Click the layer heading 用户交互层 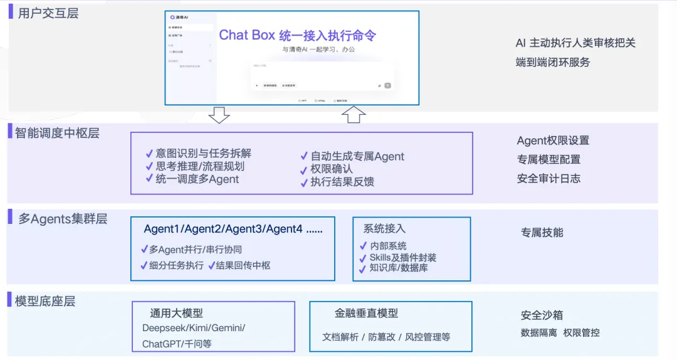(48, 13)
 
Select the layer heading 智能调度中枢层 (57, 132)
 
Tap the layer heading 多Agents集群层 (63, 219)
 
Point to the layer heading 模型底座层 (45, 301)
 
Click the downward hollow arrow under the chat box (219, 115)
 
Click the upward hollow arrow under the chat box (354, 114)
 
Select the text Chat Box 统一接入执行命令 (297, 35)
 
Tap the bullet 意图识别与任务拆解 (203, 153)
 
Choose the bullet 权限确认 (332, 169)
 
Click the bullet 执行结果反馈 (342, 182)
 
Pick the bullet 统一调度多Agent (197, 179)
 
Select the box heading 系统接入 (384, 229)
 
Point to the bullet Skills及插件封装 (402, 257)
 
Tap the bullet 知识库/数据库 (398, 268)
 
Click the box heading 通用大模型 (176, 313)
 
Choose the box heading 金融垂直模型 (366, 313)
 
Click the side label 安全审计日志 (548, 179)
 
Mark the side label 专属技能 (542, 233)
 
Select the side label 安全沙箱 (542, 315)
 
